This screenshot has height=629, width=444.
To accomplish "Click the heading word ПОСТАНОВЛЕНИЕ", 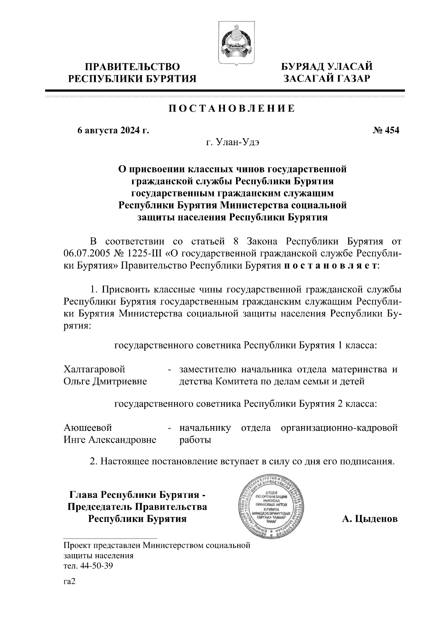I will [x=232, y=109].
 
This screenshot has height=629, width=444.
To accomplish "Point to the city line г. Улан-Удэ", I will [x=232, y=143].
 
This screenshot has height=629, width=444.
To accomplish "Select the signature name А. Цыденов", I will [x=370, y=519].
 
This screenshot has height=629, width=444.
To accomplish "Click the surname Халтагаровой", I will [x=94, y=369].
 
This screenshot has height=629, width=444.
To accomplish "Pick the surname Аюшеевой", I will [x=88, y=428].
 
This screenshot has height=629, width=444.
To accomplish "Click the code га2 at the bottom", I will [x=70, y=582].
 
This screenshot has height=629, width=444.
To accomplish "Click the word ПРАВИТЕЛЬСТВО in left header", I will [x=133, y=67].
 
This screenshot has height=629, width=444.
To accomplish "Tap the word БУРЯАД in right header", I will [x=302, y=67].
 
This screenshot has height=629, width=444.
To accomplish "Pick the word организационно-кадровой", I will [x=339, y=428].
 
